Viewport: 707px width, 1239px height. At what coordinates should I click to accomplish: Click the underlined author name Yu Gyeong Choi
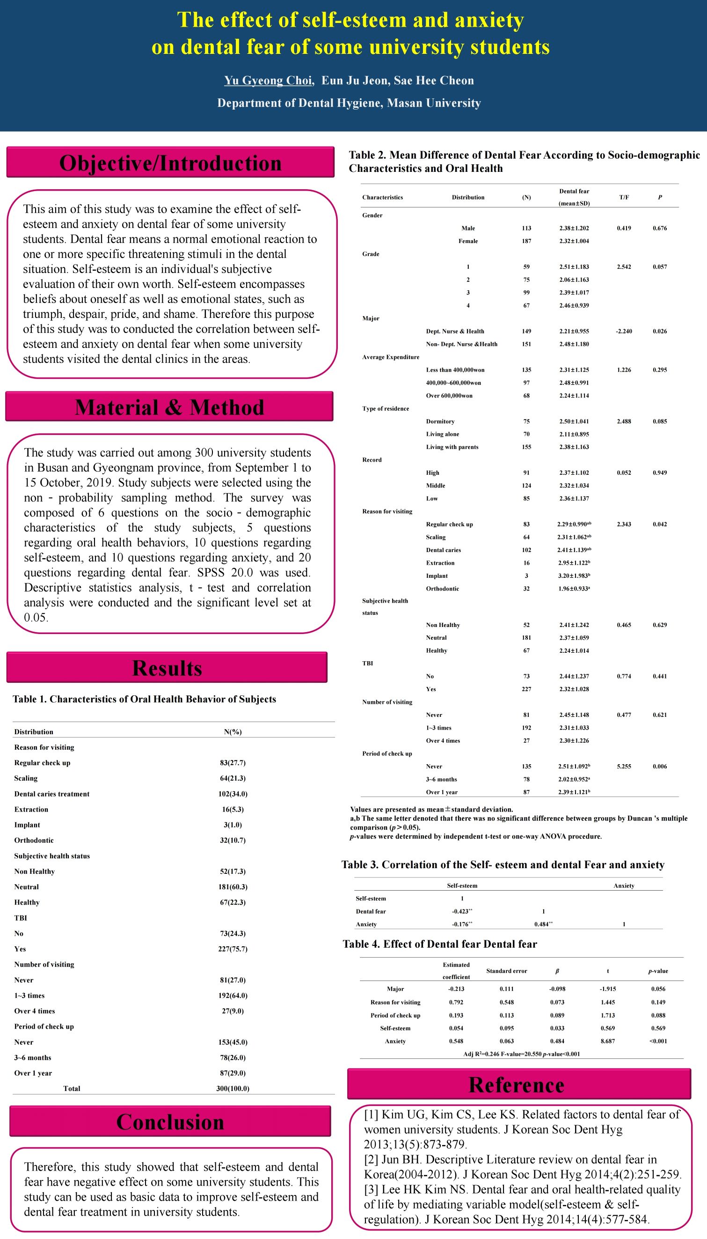click(268, 81)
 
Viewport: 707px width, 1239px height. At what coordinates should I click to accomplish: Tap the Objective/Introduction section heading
click(170, 163)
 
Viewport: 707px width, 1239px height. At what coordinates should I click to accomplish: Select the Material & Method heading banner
click(169, 407)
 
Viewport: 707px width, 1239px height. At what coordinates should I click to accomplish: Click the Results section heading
click(167, 668)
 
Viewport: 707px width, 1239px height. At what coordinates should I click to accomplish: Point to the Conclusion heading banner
click(170, 1121)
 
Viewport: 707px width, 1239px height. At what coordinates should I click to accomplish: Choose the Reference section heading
click(516, 1084)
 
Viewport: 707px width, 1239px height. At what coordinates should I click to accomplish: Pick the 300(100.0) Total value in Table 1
click(233, 1088)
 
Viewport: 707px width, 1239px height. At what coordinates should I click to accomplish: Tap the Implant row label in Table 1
click(27, 825)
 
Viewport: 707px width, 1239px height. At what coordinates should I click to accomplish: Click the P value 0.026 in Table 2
click(659, 332)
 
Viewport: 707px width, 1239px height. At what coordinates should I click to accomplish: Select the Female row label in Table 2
click(468, 241)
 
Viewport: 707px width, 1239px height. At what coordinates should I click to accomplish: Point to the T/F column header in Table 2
click(624, 197)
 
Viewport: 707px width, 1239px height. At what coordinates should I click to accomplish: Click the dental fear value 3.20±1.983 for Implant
click(574, 576)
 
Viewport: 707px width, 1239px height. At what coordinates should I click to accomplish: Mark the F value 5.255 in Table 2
click(624, 767)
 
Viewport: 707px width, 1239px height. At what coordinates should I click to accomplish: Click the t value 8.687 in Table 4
click(607, 1041)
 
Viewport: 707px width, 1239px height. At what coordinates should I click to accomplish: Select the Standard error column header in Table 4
click(506, 971)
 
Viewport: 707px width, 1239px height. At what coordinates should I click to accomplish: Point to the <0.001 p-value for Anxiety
click(658, 1041)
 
